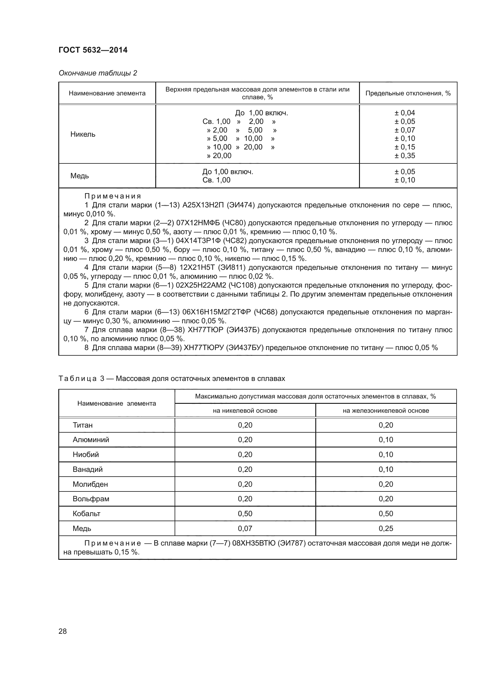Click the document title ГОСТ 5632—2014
[93, 50]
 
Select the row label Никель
[83, 134]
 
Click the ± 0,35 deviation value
[405, 156]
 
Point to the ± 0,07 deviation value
[405, 130]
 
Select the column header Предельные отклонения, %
[408, 93]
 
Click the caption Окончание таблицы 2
[98, 73]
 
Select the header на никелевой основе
[245, 411]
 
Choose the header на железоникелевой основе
[386, 411]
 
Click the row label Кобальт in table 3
[86, 514]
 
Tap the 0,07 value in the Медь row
[245, 529]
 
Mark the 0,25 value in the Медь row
[386, 529]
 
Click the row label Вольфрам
[91, 499]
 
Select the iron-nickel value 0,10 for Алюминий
[386, 440]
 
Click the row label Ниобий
[85, 455]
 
